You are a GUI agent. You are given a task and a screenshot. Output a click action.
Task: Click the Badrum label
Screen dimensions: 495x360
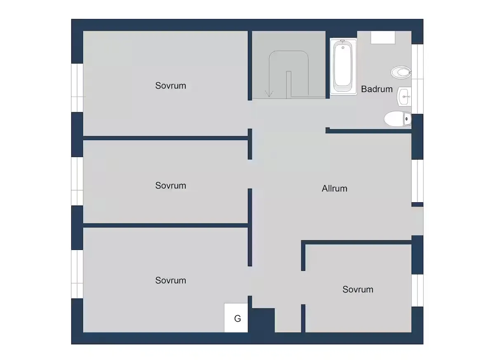377,89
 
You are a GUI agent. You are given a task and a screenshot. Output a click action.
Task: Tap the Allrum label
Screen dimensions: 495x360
335,189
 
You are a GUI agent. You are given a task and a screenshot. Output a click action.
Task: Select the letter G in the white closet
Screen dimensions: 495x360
238,319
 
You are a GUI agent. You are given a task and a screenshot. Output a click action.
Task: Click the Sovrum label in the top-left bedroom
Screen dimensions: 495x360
171,86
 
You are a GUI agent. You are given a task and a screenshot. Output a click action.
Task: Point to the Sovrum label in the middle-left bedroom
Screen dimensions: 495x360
171,185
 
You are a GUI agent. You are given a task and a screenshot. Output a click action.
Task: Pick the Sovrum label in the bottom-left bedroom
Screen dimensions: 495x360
171,281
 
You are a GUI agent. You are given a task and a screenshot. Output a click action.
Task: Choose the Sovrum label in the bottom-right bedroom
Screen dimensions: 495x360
358,289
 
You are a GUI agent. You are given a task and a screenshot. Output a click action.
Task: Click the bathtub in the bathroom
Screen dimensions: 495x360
343,66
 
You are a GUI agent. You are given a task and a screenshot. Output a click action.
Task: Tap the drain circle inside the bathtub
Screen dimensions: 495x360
343,47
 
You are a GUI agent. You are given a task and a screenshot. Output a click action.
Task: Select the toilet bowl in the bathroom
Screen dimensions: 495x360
395,119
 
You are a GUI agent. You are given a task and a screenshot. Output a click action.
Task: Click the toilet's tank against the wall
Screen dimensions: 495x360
407,119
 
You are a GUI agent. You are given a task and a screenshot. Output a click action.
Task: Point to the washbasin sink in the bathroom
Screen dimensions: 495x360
404,97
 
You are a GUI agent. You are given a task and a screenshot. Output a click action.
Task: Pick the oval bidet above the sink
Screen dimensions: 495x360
401,72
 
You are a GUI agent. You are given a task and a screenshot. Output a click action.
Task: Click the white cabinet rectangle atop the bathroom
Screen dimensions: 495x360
383,38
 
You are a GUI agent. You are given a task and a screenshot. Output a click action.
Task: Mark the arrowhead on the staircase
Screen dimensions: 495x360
269,94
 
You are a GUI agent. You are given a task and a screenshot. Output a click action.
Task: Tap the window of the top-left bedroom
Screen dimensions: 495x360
77,88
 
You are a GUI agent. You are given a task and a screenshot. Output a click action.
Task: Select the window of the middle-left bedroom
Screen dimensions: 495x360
77,181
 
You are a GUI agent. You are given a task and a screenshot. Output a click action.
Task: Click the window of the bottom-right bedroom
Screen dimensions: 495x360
417,291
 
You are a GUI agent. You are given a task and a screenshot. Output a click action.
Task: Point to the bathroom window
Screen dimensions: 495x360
417,79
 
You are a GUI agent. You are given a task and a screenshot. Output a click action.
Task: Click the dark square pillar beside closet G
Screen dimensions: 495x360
264,320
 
